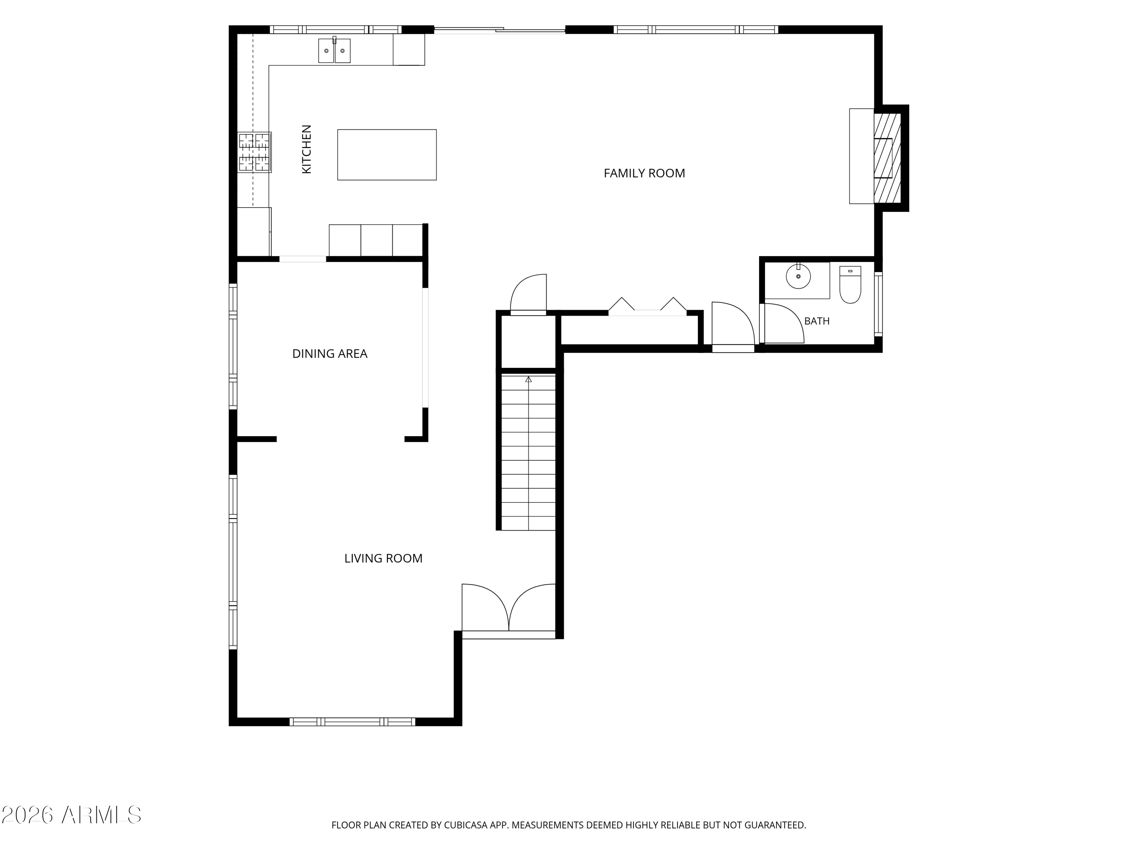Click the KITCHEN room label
(x=307, y=149)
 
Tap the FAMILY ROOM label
(x=644, y=173)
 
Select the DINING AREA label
(x=330, y=354)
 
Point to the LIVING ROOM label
(x=383, y=558)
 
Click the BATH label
(x=817, y=321)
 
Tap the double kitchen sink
(x=335, y=50)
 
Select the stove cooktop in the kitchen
(x=254, y=152)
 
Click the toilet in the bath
(x=850, y=284)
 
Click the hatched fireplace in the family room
(x=888, y=158)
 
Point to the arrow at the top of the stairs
(x=528, y=380)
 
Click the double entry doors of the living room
(x=509, y=607)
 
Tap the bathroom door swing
(x=784, y=323)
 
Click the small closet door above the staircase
(x=528, y=293)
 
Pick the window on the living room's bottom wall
(x=352, y=722)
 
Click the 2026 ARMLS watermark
(x=72, y=815)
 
